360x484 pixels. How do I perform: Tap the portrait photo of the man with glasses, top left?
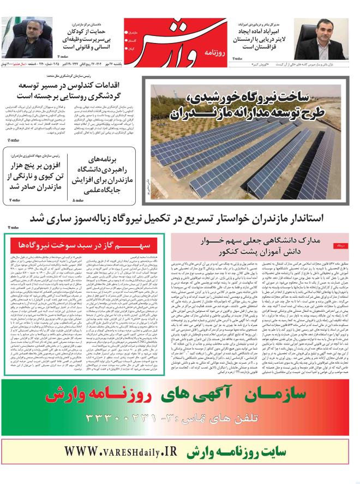22,35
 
